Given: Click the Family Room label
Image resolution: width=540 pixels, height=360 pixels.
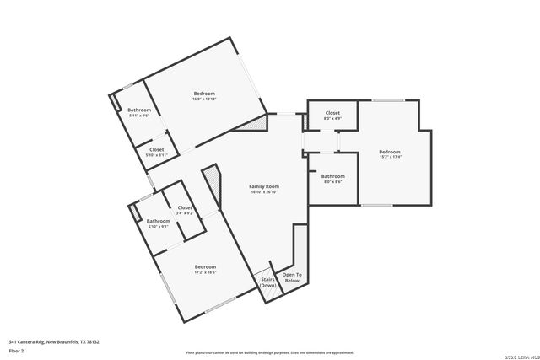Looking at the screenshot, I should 264,185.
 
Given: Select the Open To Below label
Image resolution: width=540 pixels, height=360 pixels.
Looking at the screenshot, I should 291,277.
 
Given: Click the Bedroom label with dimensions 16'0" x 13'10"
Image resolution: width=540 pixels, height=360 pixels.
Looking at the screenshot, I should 203,93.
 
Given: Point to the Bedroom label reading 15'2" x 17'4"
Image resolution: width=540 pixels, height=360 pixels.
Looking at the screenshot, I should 390,152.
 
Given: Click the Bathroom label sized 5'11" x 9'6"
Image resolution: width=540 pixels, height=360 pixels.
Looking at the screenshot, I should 139,110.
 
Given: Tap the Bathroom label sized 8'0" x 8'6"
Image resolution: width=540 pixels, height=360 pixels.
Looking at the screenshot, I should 332,176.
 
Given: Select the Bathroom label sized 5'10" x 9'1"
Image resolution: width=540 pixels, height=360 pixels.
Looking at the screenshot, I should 159,221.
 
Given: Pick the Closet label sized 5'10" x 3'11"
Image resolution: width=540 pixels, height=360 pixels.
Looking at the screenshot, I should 157,149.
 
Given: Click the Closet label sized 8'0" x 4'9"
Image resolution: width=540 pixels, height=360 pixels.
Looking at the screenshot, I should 332,112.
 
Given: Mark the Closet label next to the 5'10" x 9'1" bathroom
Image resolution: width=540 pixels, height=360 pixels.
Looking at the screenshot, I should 185,207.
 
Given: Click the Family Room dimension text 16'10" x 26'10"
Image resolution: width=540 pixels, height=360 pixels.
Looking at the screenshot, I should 264,192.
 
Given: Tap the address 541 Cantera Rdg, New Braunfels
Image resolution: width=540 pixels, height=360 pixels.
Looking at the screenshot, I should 54,341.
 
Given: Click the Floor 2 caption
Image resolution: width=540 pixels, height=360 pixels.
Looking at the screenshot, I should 18,352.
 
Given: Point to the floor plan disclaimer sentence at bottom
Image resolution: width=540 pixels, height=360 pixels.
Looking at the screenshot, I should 269,352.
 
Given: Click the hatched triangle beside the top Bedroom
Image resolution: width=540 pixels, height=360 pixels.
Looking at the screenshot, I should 253,123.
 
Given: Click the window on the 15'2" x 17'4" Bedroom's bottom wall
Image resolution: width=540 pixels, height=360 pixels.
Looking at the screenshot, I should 376,205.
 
